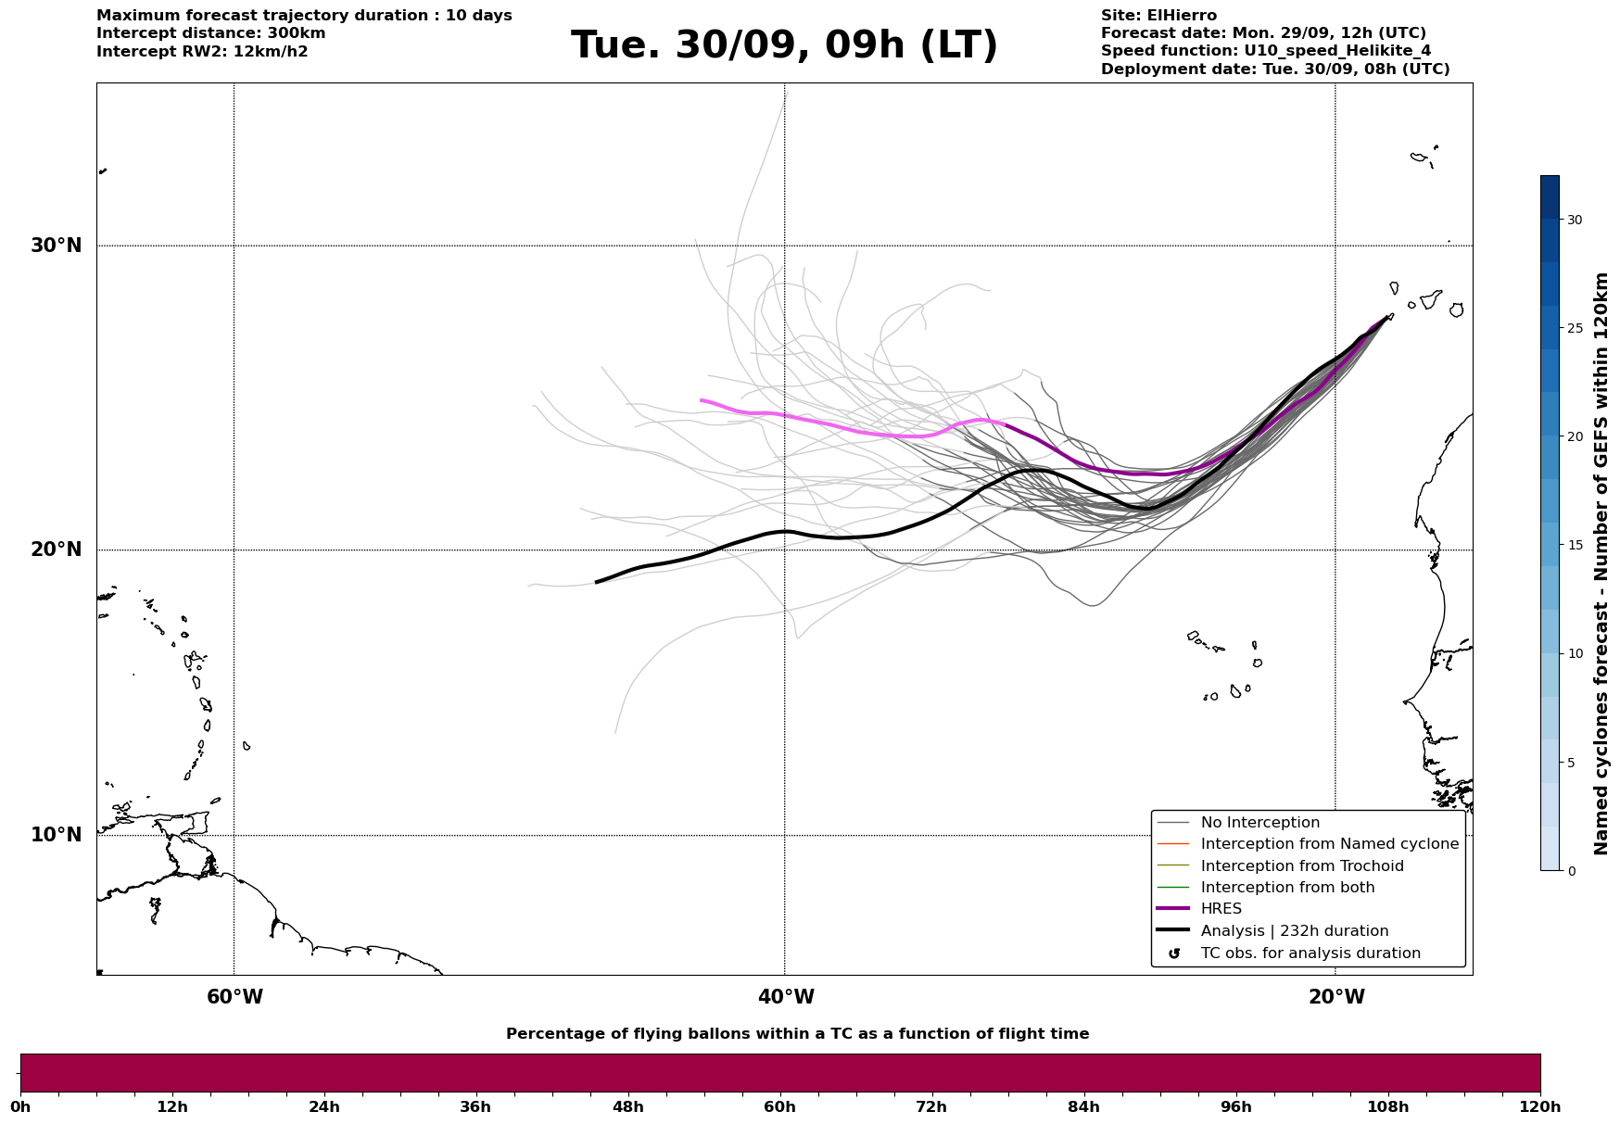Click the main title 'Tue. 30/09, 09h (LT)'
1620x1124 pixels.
point(784,45)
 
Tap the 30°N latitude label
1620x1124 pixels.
point(57,246)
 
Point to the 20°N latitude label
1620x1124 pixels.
point(57,549)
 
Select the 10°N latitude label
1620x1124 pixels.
point(57,835)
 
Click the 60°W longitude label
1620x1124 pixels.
point(234,997)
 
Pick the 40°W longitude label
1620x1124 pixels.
point(786,997)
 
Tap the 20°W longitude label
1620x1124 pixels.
point(1336,997)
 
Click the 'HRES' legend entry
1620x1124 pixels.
point(1221,909)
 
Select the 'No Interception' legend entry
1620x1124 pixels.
point(1259,823)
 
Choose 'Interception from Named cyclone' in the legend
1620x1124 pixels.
point(1329,844)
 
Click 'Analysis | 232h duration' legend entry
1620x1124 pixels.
point(1294,931)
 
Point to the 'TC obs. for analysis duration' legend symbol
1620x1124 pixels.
point(1174,954)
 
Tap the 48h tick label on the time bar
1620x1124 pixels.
point(627,1107)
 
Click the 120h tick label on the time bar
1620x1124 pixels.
point(1540,1107)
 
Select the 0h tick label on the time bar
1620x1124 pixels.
point(21,1107)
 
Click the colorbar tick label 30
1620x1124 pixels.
point(1575,220)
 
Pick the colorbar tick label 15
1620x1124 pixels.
point(1575,545)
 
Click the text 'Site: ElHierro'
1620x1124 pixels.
point(1158,16)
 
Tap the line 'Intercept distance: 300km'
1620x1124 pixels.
point(210,33)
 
